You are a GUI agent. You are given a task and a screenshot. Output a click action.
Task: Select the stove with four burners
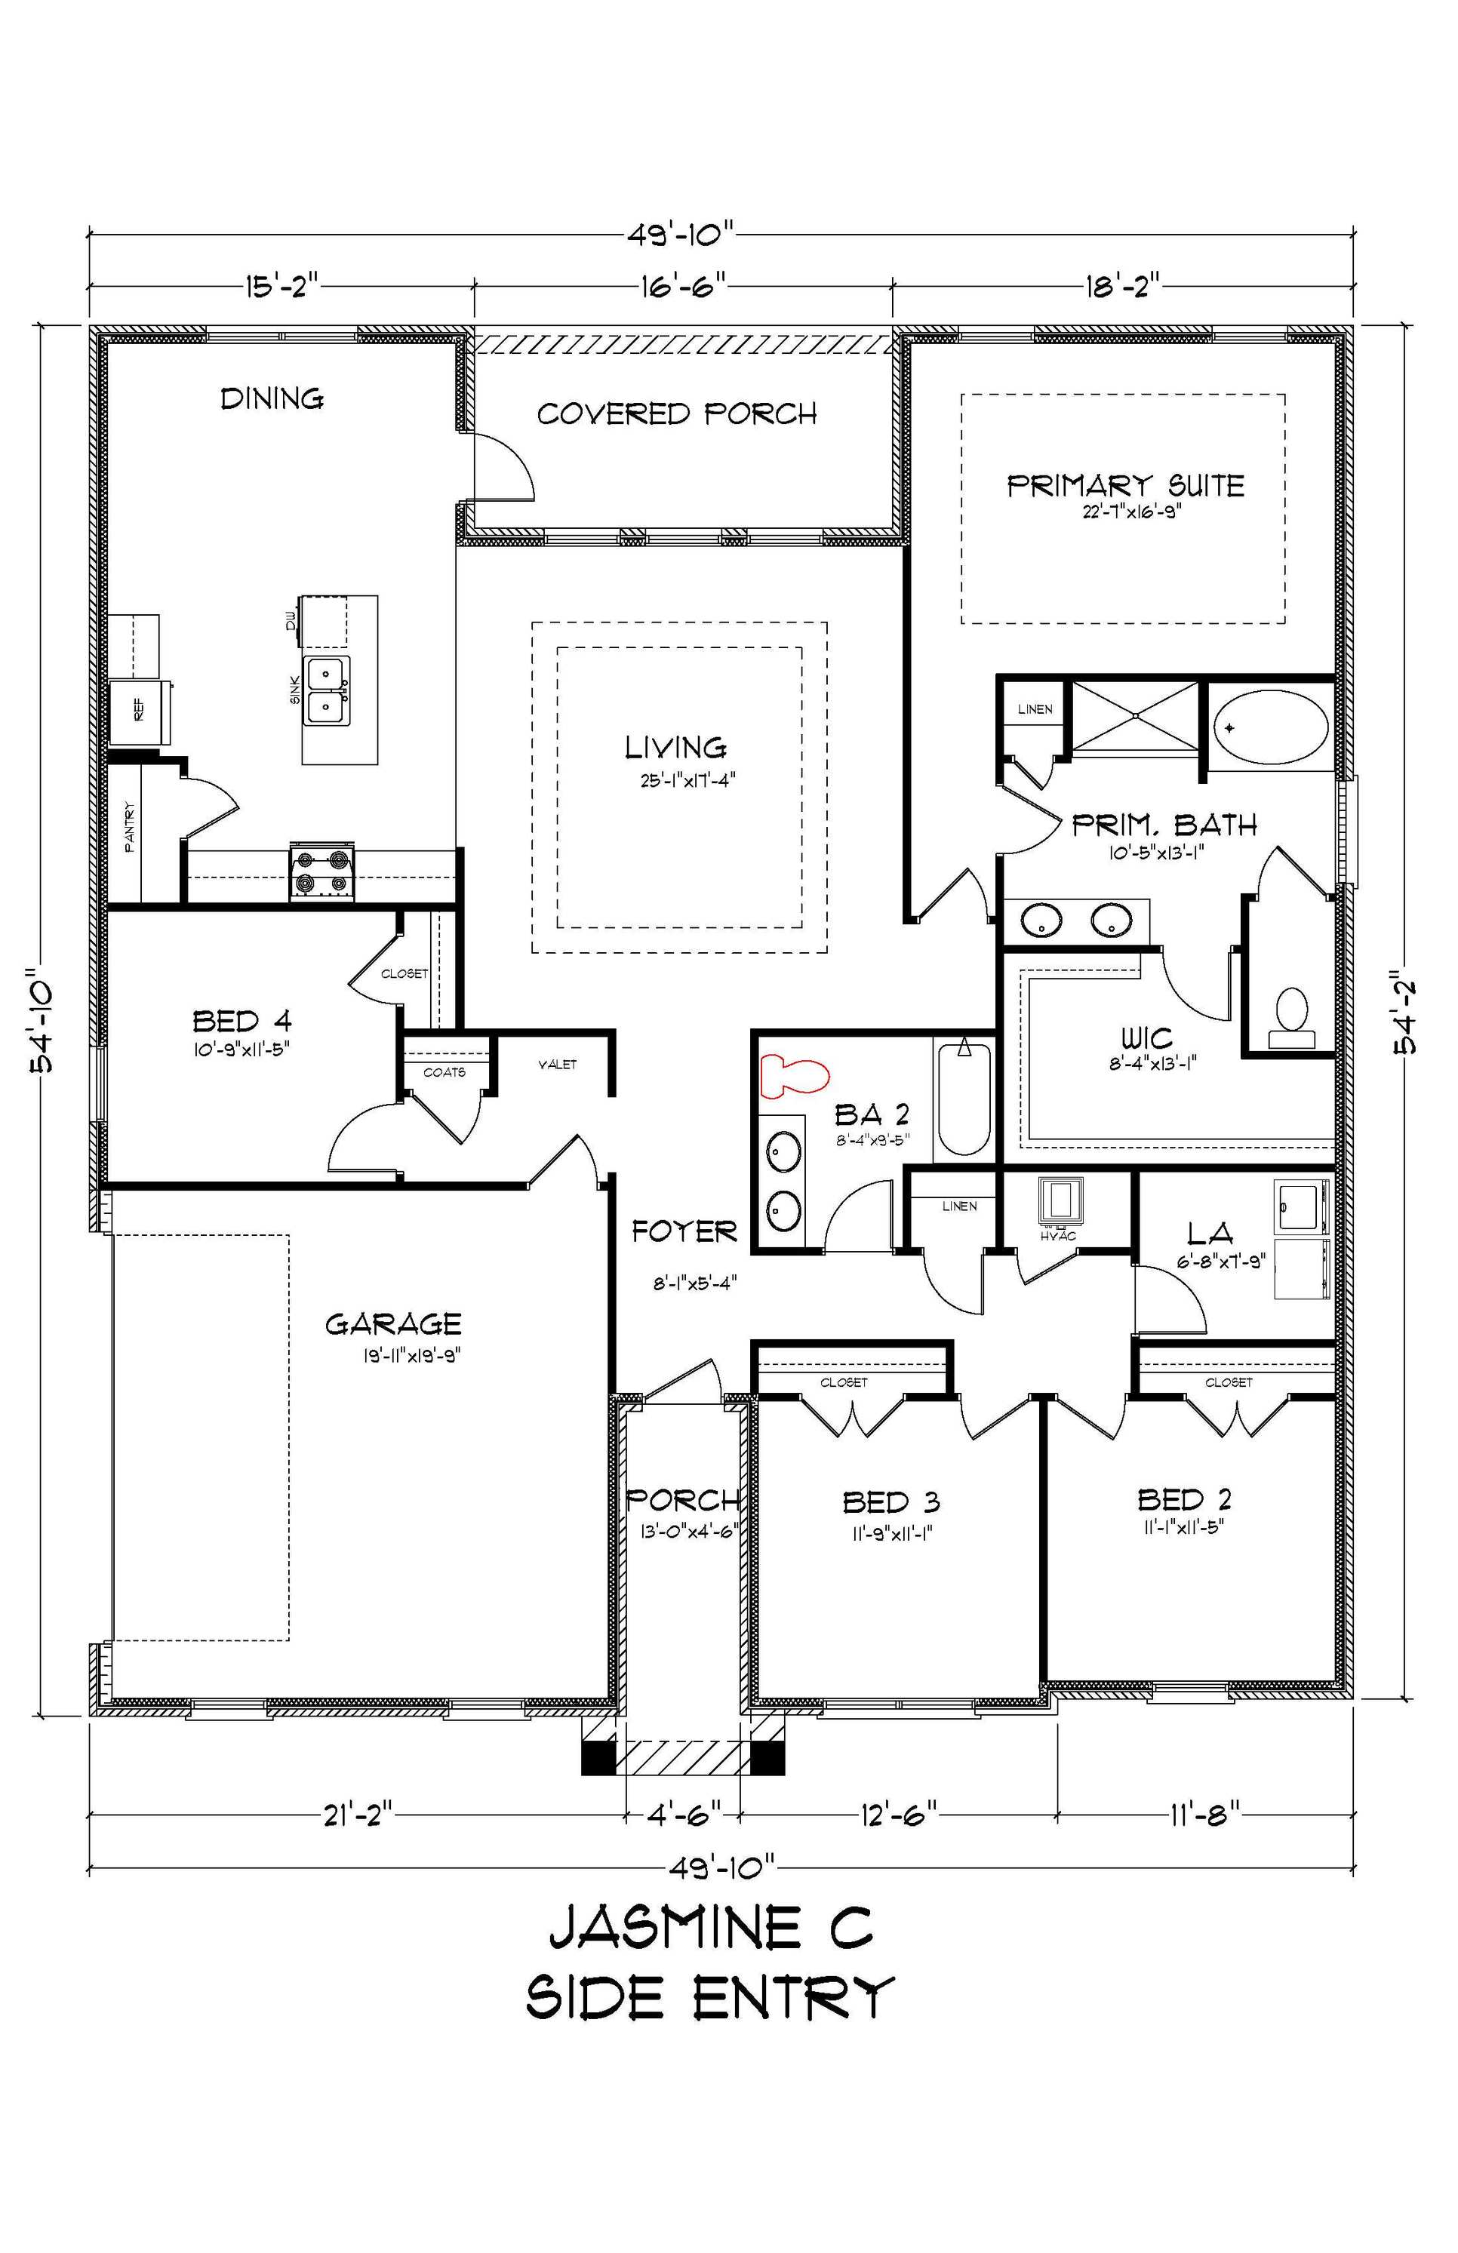[x=322, y=872]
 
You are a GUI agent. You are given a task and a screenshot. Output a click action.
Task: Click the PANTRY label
[x=130, y=828]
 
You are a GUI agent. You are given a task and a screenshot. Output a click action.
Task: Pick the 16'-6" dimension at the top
[x=681, y=284]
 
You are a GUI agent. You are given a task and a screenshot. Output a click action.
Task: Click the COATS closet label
[x=444, y=1072]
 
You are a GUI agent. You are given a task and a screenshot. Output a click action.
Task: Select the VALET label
[x=557, y=1065]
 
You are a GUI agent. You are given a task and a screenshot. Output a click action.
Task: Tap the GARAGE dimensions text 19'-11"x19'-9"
[x=412, y=1356]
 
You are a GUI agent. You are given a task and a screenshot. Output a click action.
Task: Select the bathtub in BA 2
[x=964, y=1098]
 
